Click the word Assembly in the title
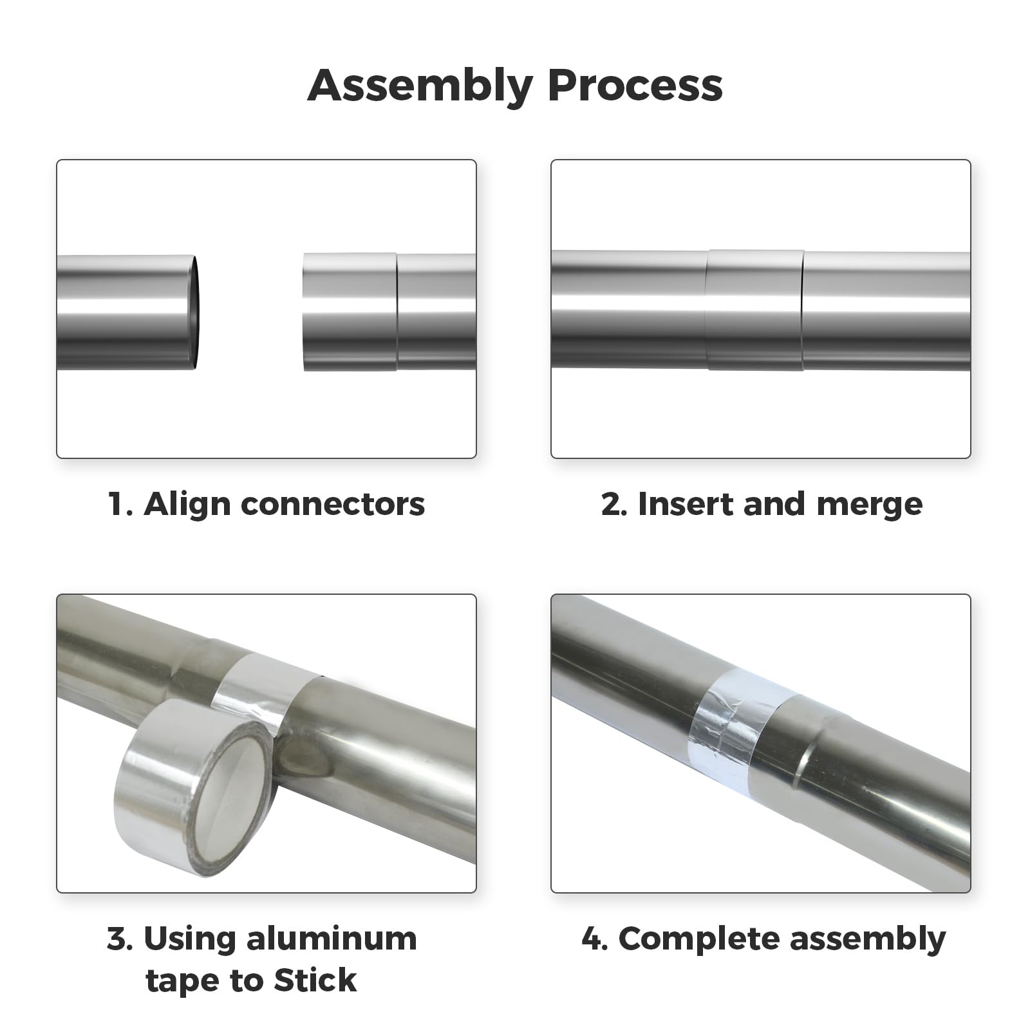[x=420, y=86]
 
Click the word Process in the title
[x=635, y=86]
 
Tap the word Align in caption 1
[x=187, y=503]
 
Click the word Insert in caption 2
[x=686, y=503]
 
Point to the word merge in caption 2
[x=869, y=503]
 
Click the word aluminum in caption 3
[x=332, y=939]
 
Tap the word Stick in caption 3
[x=315, y=980]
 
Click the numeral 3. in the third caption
[x=120, y=939]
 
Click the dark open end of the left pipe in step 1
[x=194, y=312]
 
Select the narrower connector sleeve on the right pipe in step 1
[x=349, y=312]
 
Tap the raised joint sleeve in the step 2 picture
[x=755, y=310]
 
